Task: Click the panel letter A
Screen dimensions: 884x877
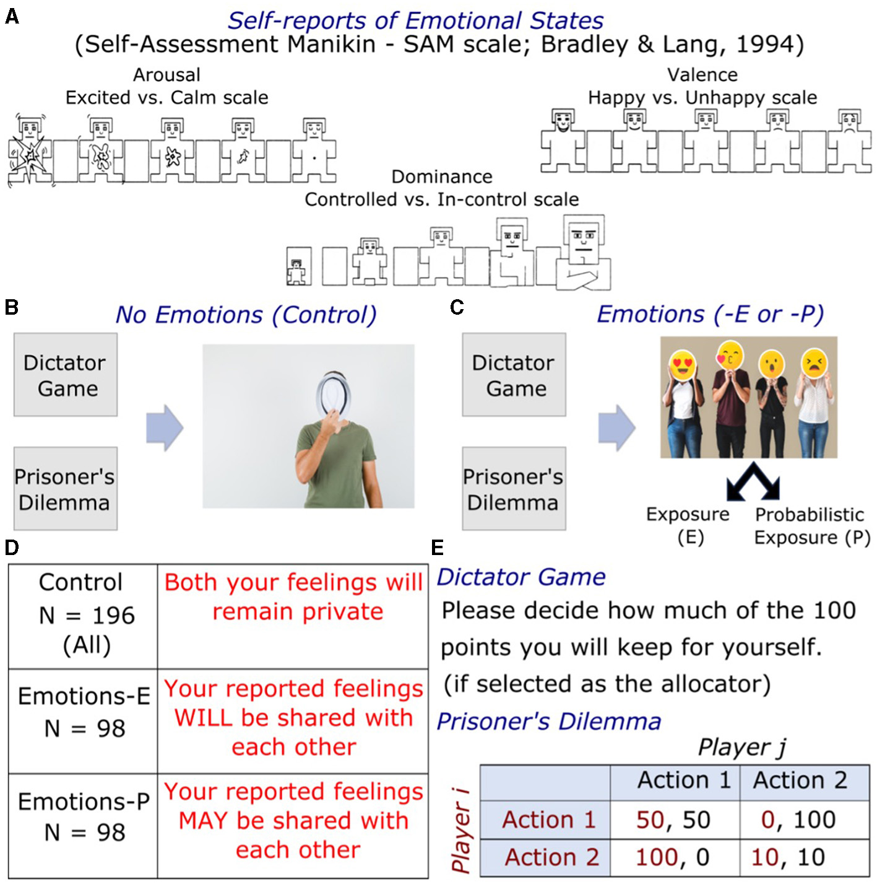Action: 11,16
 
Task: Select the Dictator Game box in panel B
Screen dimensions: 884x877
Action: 65,375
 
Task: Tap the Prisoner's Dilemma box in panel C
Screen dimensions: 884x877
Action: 514,489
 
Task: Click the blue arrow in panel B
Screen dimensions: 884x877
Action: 165,427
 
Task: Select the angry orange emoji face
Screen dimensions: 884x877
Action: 813,364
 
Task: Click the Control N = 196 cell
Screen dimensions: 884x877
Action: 84,615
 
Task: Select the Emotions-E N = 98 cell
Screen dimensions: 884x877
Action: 84,712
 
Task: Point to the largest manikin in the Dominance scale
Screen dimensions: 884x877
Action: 583,253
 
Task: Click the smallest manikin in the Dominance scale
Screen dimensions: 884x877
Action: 298,267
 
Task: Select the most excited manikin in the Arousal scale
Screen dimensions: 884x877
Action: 29,152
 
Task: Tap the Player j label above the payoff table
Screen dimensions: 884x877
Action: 741,747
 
